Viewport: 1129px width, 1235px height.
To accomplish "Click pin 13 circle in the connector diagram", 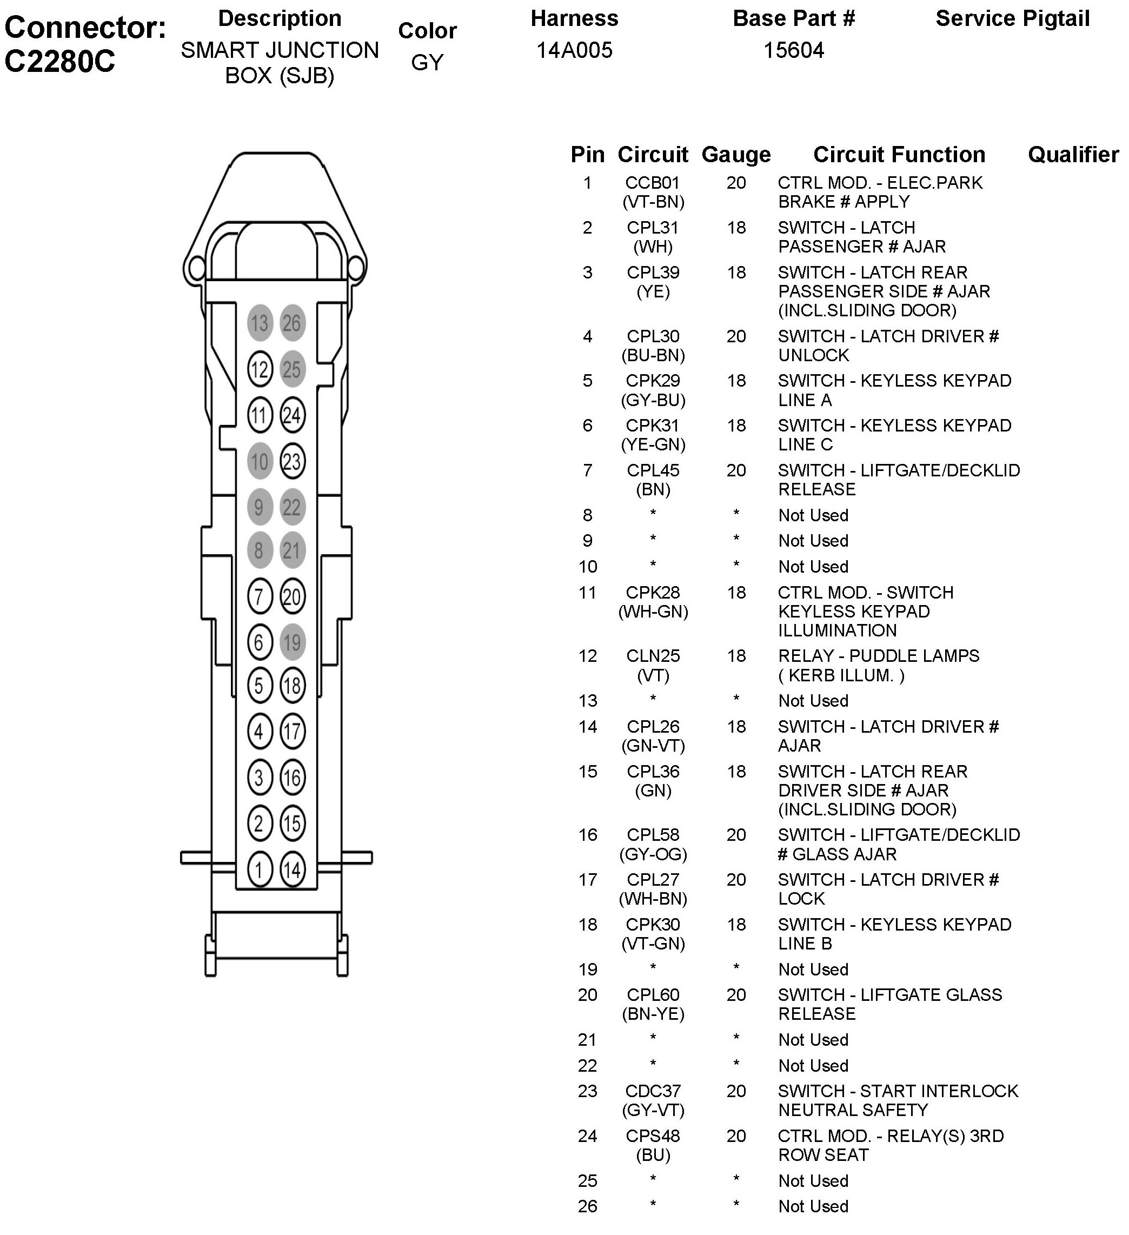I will click(260, 323).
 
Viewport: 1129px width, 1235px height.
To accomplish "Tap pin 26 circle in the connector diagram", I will click(292, 323).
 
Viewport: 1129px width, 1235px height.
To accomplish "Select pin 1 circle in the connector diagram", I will click(260, 869).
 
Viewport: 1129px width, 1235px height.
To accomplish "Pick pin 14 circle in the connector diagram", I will click(292, 869).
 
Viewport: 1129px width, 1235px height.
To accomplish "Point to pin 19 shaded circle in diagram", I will click(292, 642).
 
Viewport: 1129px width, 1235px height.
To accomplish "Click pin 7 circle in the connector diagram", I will click(260, 596).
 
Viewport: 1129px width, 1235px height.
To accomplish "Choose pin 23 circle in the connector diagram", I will click(292, 461).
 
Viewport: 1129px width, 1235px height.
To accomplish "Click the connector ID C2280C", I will click(59, 61).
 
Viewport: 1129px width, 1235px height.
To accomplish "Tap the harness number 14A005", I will click(574, 50).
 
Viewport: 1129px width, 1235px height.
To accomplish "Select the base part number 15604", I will click(793, 50).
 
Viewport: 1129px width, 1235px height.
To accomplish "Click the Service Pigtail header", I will click(1012, 18).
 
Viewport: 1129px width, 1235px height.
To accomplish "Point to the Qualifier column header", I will click(1073, 155).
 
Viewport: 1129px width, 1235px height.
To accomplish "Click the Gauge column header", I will click(736, 155).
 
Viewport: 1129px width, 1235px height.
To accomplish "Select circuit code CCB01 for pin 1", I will click(653, 183).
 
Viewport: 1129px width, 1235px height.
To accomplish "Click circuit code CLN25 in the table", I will click(653, 656).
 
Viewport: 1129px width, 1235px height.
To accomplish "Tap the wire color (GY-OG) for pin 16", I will click(653, 854).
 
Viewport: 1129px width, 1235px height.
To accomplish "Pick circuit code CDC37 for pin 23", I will click(653, 1091).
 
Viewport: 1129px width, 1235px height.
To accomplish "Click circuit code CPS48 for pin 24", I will click(653, 1136).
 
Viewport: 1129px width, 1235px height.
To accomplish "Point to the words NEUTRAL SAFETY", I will click(853, 1110).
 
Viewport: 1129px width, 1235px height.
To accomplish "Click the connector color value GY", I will click(427, 63).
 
